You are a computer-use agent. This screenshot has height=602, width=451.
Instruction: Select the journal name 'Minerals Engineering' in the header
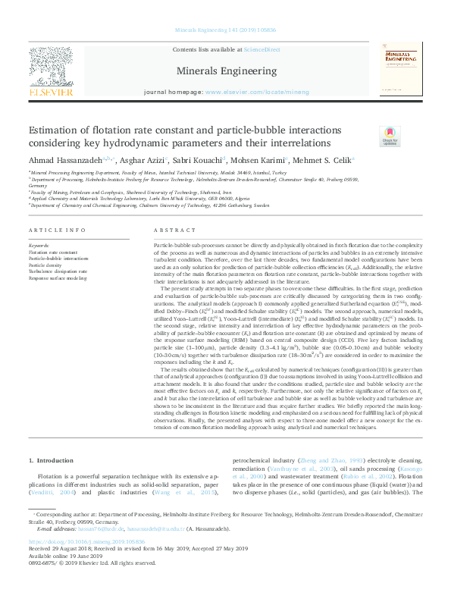[x=225, y=71]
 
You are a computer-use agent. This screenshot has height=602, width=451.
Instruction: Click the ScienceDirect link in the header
[x=261, y=49]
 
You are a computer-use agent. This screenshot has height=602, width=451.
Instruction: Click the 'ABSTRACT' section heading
[x=169, y=230]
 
